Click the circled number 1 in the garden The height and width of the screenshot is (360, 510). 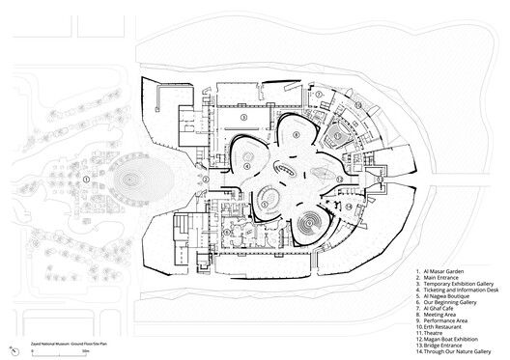click(87, 180)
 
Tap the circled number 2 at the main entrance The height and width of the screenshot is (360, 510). click(205, 180)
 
